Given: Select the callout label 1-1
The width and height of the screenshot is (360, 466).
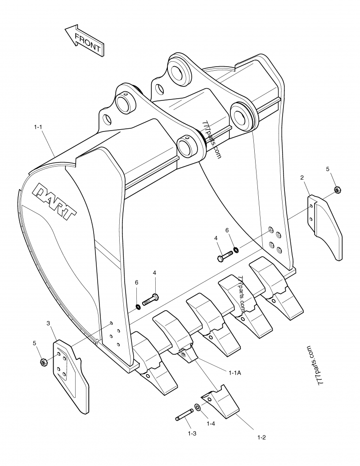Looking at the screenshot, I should (38, 128).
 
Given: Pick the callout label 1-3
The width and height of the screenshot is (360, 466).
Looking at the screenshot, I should (192, 433).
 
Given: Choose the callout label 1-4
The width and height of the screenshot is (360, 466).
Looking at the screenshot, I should (210, 424).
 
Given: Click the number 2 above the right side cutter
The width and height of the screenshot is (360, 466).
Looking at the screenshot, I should (301, 178).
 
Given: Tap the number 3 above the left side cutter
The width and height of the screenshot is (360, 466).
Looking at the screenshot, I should (48, 323).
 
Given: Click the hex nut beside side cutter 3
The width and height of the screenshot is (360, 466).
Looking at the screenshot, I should (44, 362).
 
